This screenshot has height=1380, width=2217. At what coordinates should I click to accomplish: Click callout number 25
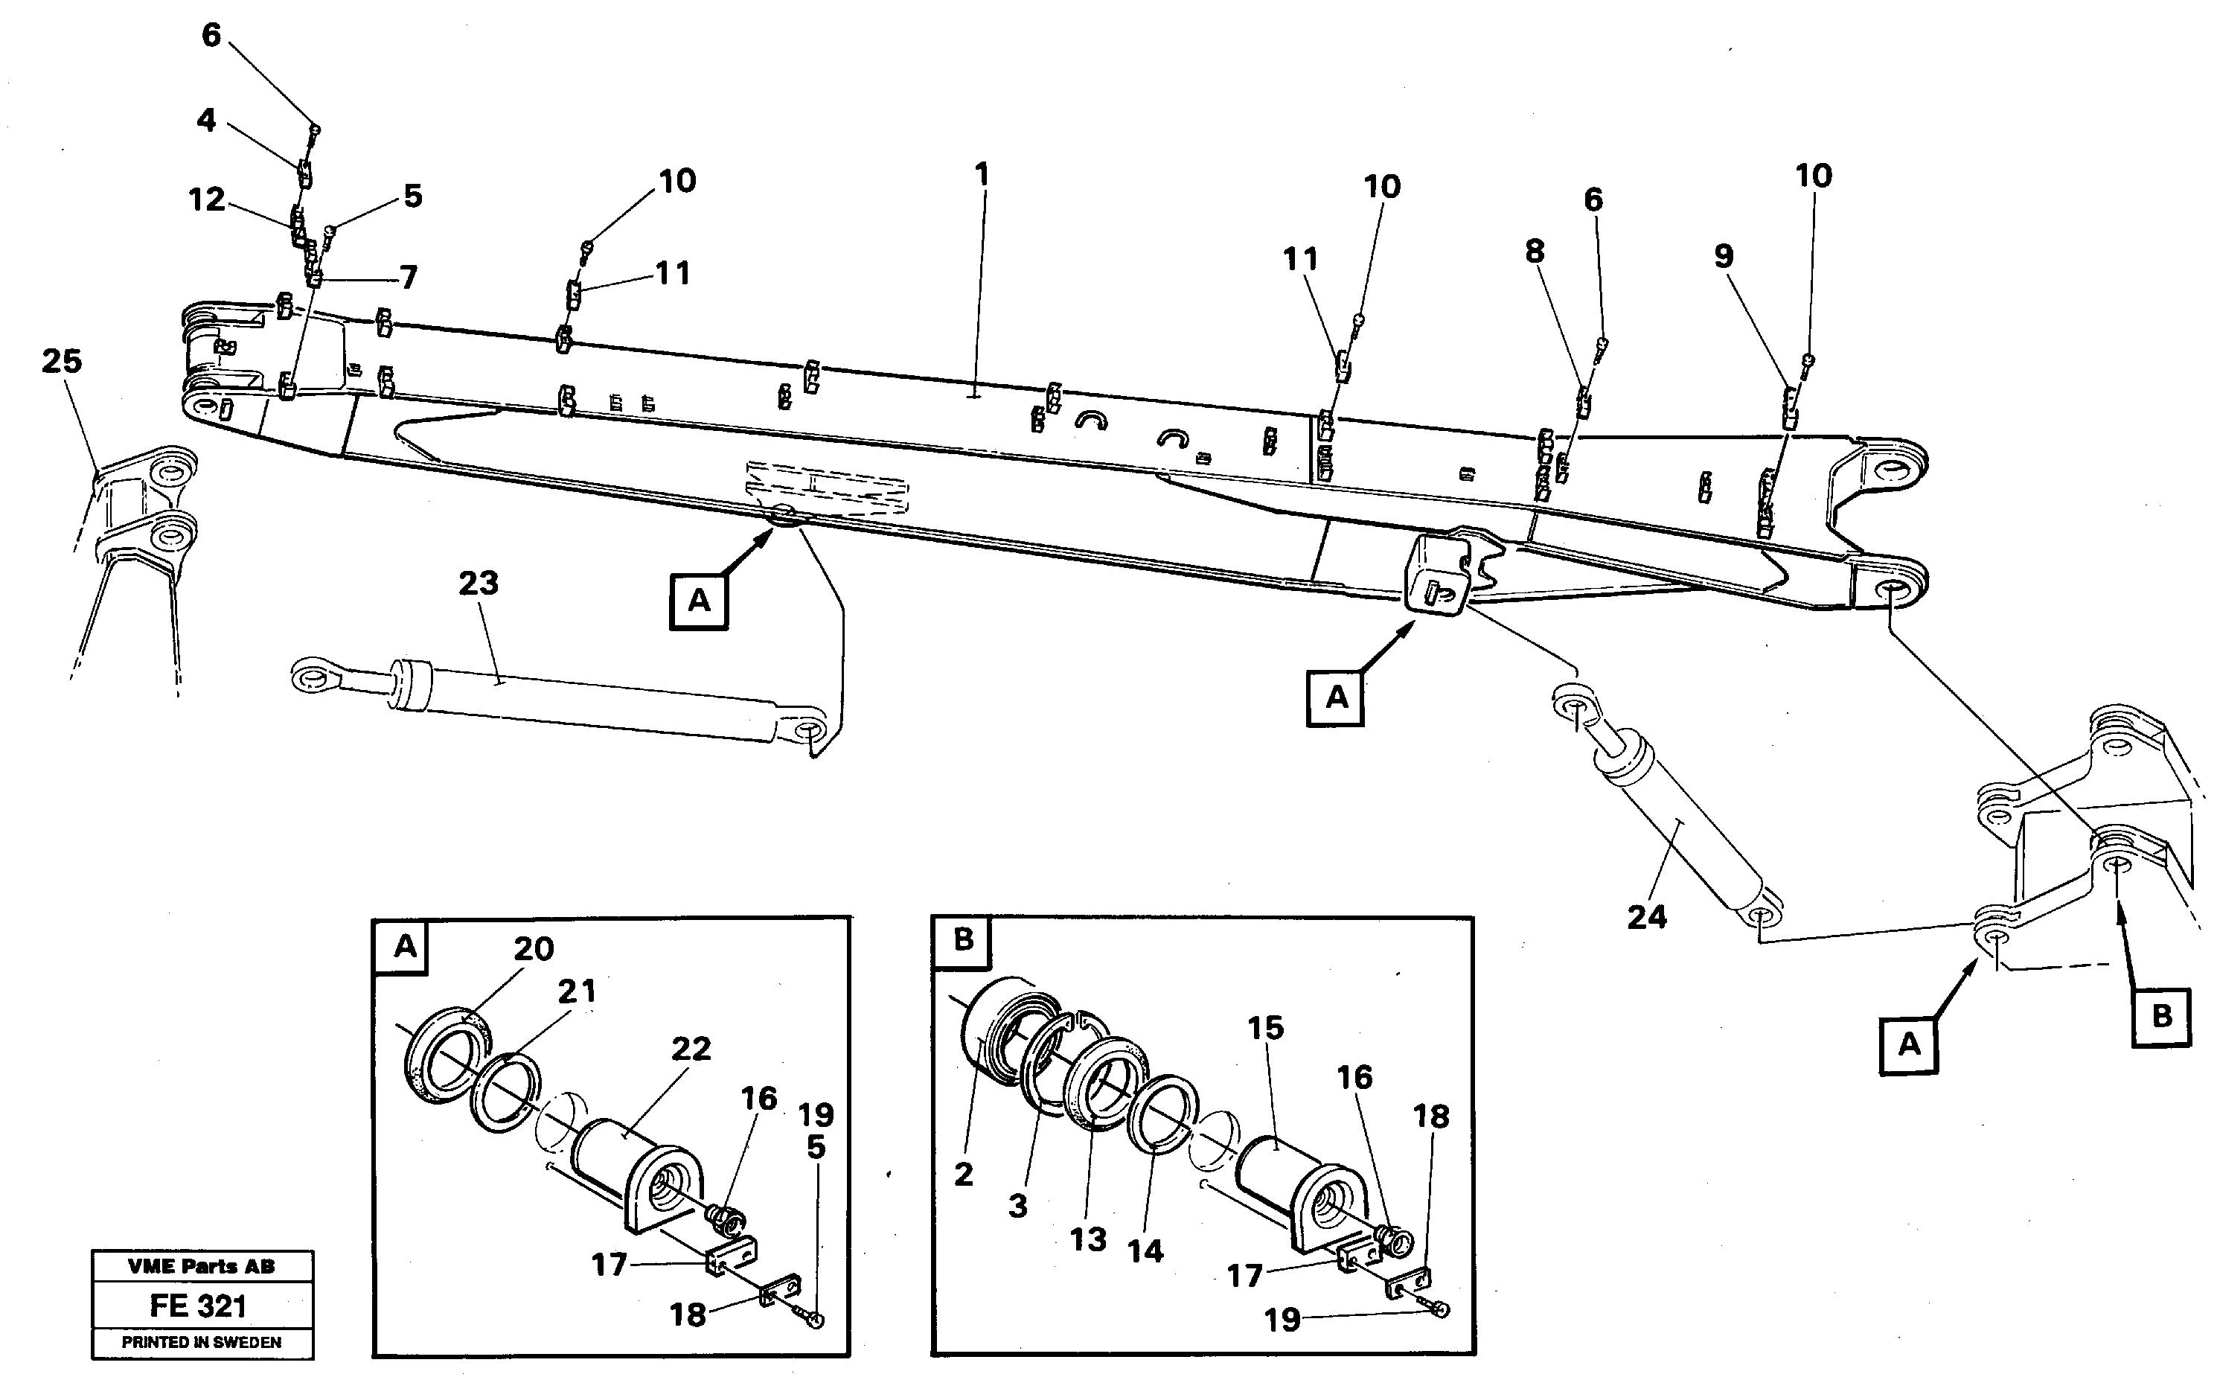coord(61,362)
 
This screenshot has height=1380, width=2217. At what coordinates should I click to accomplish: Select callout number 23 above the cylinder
coord(478,584)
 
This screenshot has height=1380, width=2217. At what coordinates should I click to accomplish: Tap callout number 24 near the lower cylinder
coord(1647,917)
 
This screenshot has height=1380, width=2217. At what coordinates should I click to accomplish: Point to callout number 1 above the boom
coord(982,174)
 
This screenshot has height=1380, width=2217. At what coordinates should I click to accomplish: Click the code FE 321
coord(198,1306)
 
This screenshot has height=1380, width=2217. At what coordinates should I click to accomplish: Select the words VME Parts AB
coord(201,1266)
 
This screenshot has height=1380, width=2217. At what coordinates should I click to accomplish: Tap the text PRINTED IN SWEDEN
coord(201,1343)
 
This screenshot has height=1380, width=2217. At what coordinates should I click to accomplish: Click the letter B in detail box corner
coord(964,940)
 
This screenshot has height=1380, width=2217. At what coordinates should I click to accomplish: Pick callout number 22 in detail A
coord(691,1049)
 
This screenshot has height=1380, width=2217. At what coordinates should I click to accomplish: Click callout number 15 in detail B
coord(1265,1028)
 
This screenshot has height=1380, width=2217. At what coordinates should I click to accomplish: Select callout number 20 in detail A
coord(533,949)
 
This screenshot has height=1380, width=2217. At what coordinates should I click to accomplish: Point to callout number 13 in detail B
coord(1087,1239)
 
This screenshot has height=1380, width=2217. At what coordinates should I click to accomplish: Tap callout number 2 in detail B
coord(964,1175)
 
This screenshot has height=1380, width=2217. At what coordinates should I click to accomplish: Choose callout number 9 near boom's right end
coord(1723,257)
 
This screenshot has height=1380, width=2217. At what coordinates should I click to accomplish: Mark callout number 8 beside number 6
coord(1535,251)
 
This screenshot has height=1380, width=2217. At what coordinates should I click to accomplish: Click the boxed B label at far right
coord(2160,1017)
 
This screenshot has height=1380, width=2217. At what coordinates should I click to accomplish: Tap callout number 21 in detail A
coord(576,991)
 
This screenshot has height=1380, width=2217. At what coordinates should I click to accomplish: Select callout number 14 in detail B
coord(1145,1251)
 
